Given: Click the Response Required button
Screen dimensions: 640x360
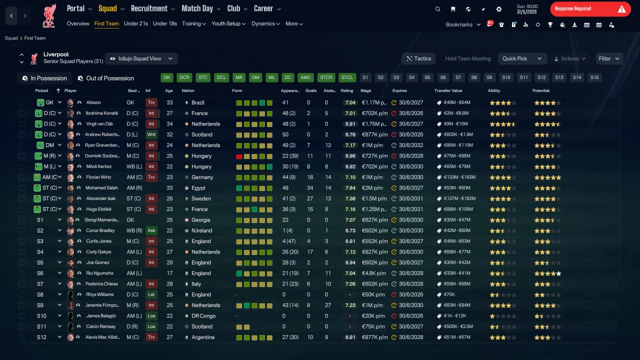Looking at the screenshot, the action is (590, 9).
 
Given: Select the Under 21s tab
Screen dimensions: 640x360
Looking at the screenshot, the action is (135, 23).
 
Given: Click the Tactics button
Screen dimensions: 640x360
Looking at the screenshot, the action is (418, 58).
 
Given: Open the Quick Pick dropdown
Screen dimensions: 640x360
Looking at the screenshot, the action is (522, 58).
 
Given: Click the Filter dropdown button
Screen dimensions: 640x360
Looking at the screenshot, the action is (609, 58).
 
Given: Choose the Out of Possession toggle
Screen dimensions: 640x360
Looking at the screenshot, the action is (106, 78).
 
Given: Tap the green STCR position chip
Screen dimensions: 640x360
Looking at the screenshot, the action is (326, 77).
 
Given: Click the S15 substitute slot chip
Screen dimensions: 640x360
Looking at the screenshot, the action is (594, 77).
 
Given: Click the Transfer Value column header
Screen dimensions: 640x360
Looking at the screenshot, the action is (448, 90).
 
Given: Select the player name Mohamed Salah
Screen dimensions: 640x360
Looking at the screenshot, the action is (101, 187).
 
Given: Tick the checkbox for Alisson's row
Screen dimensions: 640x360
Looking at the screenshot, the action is (21, 102).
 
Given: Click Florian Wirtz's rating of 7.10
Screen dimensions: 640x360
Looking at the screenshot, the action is (350, 177).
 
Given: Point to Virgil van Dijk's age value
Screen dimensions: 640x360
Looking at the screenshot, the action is (169, 123).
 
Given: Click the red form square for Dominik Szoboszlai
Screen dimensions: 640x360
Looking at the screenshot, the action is (239, 156).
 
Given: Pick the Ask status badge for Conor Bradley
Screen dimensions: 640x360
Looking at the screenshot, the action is (151, 230).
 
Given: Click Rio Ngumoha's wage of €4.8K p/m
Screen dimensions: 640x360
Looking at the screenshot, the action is (373, 273).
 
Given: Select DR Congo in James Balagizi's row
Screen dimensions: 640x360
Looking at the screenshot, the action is (203, 315).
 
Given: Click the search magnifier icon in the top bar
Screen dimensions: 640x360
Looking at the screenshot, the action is (437, 9).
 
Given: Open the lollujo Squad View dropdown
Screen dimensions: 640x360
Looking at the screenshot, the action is (141, 58).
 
